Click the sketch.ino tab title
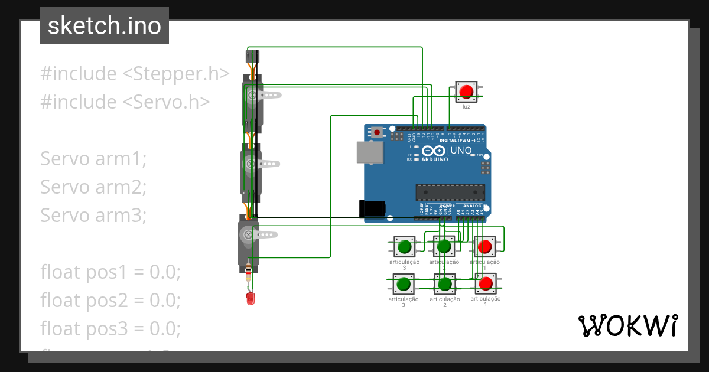tap(105, 26)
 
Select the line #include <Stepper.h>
tap(135, 74)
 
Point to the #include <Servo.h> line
tap(125, 102)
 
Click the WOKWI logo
tap(627, 325)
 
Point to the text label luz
tap(466, 106)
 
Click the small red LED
tap(250, 298)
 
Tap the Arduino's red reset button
tap(377, 133)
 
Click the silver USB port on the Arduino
tap(369, 152)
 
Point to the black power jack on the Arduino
tap(372, 208)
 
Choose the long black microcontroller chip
tap(450, 192)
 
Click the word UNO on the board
tap(461, 151)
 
